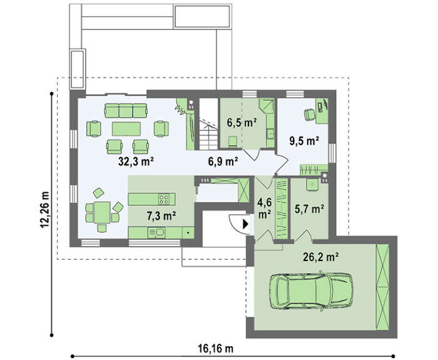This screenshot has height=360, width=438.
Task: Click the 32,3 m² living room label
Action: click(136, 162)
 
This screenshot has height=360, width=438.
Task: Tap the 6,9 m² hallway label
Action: click(223, 162)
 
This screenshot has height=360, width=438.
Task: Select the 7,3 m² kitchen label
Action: click(161, 215)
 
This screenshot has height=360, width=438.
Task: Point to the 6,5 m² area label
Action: click(242, 123)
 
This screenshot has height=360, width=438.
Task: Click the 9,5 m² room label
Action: click(305, 141)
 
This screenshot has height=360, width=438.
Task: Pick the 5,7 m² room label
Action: click(310, 208)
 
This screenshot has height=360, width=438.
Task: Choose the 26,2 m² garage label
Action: click(321, 257)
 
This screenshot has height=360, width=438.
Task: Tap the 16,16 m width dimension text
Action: click(216, 349)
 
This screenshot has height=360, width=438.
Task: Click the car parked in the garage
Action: click(311, 291)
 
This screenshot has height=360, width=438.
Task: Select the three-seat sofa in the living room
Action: click(126, 111)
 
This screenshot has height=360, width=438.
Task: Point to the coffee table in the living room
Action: click(126, 129)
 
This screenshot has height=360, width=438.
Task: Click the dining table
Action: click(102, 212)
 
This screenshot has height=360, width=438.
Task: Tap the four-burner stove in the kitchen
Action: click(164, 199)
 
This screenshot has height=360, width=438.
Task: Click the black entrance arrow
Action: click(245, 224)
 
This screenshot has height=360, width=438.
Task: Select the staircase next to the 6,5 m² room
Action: click(208, 124)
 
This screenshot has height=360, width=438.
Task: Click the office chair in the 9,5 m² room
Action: click(309, 115)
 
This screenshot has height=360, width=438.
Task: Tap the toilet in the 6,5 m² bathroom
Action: click(233, 141)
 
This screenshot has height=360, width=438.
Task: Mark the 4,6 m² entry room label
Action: click(264, 208)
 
